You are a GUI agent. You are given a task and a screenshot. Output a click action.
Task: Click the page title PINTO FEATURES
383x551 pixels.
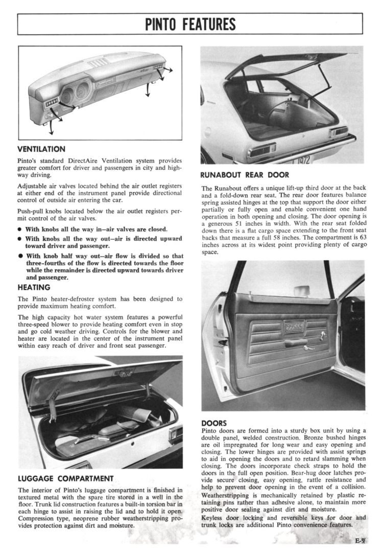[x=190, y=24]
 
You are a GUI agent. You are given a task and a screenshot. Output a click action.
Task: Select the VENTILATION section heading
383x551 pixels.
[x=41, y=149]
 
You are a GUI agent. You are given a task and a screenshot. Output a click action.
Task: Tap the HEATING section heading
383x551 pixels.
[x=34, y=287]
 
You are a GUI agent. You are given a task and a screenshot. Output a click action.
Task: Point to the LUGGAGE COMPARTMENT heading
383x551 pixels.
[x=65, y=479]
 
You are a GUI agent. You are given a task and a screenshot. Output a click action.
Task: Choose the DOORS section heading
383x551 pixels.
[x=214, y=423]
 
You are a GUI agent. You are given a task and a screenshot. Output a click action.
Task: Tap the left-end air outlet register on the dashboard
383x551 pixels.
[x=51, y=105]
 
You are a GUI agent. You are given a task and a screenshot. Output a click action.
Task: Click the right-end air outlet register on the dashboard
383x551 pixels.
[x=158, y=67]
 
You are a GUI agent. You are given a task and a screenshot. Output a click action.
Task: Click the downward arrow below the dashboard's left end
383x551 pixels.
[x=51, y=127]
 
